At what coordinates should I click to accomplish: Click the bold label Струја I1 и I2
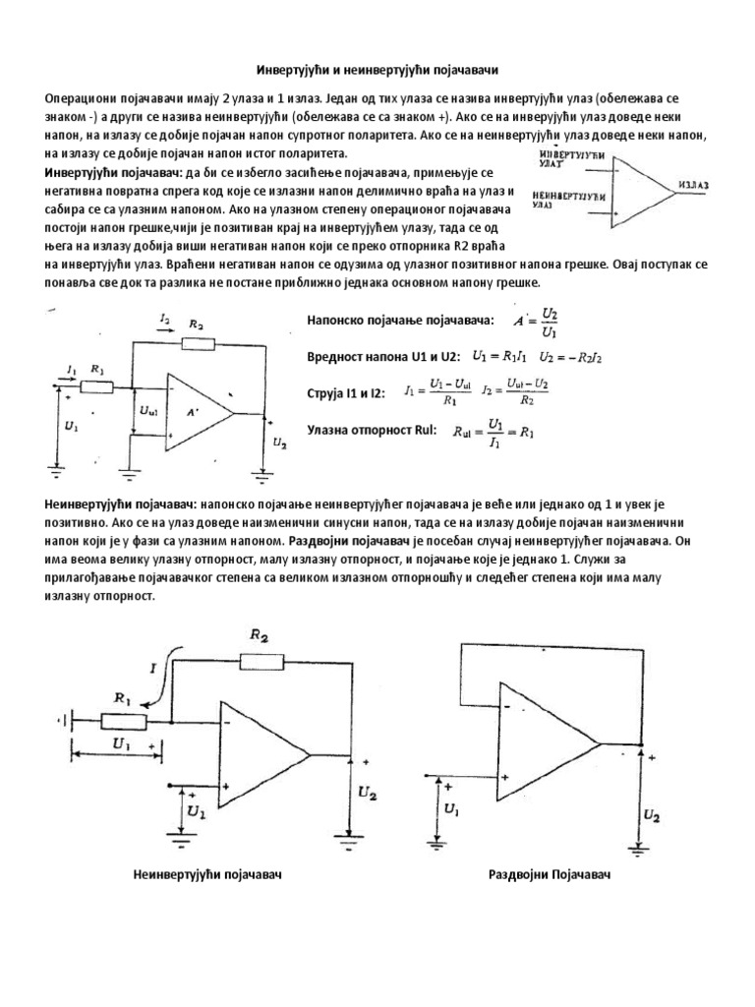tap(344, 392)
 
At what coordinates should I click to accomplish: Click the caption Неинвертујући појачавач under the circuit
tap(207, 874)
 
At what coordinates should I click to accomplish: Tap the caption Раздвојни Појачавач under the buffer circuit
tap(550, 874)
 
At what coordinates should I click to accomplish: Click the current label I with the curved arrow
tap(156, 668)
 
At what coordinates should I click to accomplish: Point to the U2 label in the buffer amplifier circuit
tap(652, 815)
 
